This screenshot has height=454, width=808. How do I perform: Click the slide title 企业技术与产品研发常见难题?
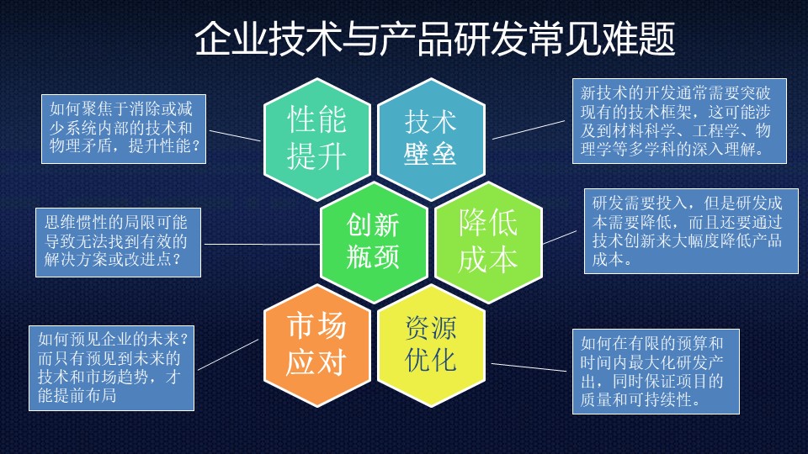coord(435,39)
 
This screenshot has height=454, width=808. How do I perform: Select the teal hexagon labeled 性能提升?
coord(317,139)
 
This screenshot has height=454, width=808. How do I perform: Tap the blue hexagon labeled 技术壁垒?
coord(431,139)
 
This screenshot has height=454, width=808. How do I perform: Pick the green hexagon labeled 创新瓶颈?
coord(374,242)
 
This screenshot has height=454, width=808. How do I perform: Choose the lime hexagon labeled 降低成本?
coord(488,242)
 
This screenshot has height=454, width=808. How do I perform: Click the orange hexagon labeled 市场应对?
coord(317,346)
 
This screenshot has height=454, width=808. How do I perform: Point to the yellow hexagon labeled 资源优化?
coord(431,346)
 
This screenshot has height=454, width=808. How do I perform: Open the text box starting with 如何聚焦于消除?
coord(124,129)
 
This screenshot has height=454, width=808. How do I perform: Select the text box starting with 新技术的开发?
coord(679,121)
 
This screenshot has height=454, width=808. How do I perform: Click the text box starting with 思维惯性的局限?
coord(118,242)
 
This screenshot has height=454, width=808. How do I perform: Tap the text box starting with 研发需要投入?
coord(691,231)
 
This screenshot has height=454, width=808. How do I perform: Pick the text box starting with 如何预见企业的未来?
coord(111,368)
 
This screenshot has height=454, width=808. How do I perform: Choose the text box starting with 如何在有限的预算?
coord(656,372)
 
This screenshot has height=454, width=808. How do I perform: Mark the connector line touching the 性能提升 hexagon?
coord(235,135)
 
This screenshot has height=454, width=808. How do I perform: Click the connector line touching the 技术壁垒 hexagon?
coord(529,129)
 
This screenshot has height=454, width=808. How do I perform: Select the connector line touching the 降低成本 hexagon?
coord(561,237)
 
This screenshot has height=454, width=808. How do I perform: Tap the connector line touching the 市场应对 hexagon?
coord(228,354)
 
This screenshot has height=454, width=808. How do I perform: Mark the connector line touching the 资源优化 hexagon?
coord(529,367)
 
